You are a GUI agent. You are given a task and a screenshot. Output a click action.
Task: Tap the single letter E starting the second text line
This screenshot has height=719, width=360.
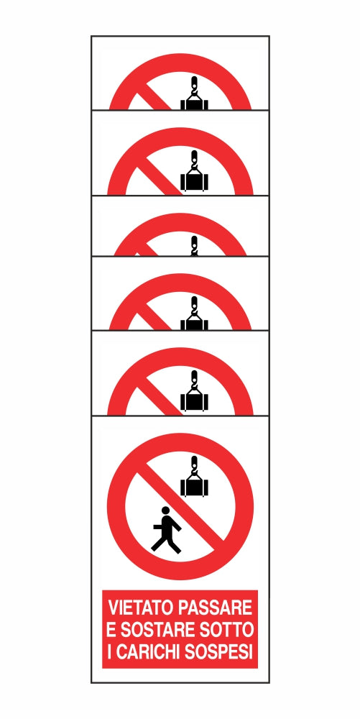point(111,630)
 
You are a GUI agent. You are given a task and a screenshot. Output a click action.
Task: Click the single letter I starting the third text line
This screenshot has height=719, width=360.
point(109,652)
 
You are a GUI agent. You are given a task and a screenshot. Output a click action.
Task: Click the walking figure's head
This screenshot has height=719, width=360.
point(165,510)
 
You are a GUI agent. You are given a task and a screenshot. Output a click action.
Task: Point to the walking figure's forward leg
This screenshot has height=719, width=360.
point(174,544)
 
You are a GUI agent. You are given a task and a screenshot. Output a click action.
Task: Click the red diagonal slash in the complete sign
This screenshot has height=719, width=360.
point(184,502)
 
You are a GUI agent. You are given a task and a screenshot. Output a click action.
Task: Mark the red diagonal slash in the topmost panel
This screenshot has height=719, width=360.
point(154,96)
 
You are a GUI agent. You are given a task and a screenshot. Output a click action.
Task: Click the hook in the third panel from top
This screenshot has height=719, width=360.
point(195,246)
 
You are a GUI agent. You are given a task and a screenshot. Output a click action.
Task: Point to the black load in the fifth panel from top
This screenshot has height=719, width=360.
point(195,402)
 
